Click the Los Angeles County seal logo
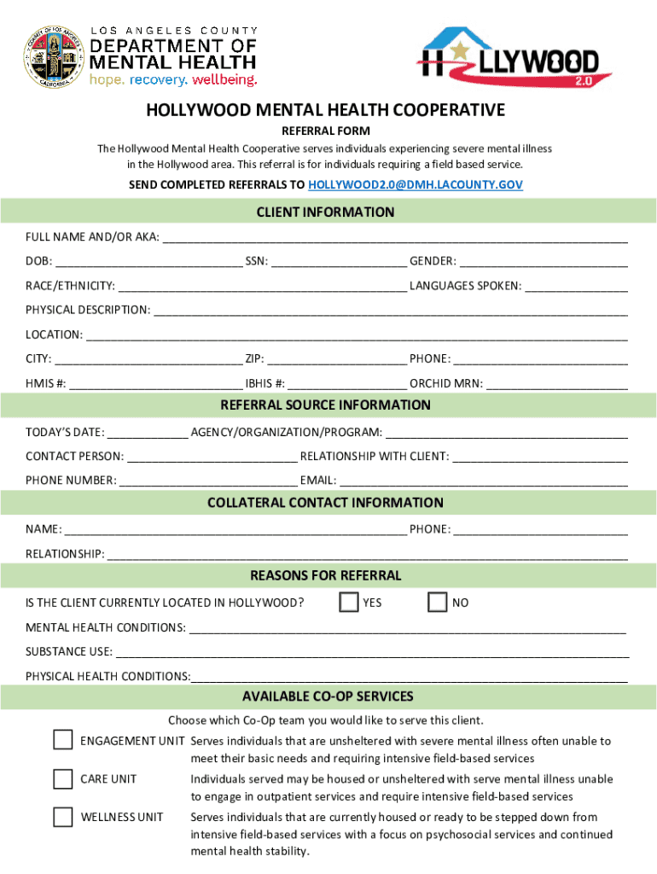click(x=54, y=56)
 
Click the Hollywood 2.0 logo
click(x=514, y=58)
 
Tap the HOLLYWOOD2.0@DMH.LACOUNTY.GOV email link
click(x=415, y=184)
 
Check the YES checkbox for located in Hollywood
click(x=348, y=603)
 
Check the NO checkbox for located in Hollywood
click(x=437, y=603)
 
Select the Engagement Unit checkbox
click(x=62, y=739)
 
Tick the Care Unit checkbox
click(x=62, y=778)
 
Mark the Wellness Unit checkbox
click(x=62, y=817)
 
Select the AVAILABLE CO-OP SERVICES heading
click(x=328, y=696)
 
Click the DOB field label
click(x=37, y=261)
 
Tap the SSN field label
click(x=256, y=261)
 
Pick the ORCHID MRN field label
click(x=445, y=384)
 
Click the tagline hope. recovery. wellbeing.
click(x=173, y=80)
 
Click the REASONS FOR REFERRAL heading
click(x=325, y=575)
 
